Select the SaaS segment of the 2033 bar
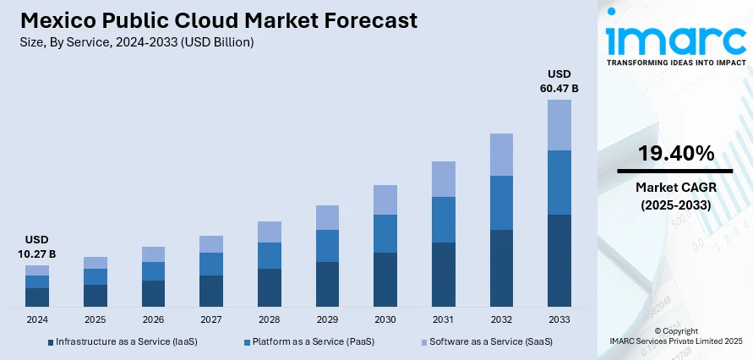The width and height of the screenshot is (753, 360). [x=559, y=125]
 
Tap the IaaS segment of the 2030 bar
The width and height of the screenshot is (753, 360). [x=385, y=279]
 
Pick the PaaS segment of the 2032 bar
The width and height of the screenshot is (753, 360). [x=501, y=203]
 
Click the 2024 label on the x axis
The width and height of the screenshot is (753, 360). [x=37, y=320]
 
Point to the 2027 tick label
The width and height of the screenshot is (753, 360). [x=211, y=320]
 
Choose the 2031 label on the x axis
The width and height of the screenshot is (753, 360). [x=443, y=320]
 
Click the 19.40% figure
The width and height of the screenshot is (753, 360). [x=675, y=153]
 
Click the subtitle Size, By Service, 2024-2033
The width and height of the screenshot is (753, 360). [x=135, y=41]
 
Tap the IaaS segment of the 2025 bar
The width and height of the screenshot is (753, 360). [x=95, y=295]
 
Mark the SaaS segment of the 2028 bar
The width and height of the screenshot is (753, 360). [x=270, y=232]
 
